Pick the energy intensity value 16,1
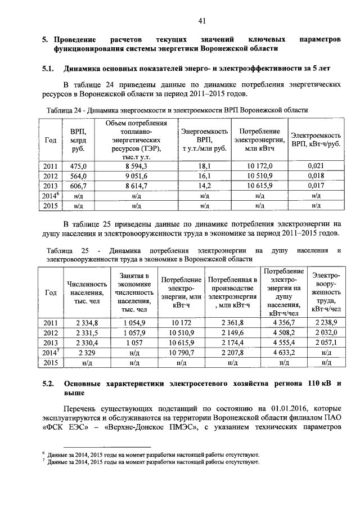(x=204, y=176)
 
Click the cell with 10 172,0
(x=259, y=166)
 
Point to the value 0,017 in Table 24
(x=316, y=186)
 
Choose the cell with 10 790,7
(x=181, y=353)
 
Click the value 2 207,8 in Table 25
(x=232, y=353)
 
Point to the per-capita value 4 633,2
(x=283, y=353)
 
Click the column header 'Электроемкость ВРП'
(x=316, y=139)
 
